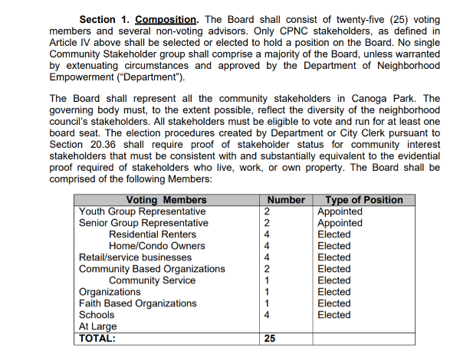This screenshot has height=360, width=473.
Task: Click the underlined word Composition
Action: tap(165, 18)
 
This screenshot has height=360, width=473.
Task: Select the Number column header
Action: tap(286, 200)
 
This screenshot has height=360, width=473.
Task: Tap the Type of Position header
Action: tap(364, 200)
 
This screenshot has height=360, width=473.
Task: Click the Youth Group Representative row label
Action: tap(143, 211)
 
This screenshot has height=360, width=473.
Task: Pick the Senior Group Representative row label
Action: tap(143, 223)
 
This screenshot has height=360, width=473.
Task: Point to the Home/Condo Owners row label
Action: tap(157, 246)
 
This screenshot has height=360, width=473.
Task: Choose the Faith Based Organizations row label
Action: tap(138, 303)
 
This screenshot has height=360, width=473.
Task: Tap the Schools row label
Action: tap(97, 315)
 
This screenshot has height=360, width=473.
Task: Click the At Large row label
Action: tap(97, 326)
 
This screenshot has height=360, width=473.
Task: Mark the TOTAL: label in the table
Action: tap(97, 338)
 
